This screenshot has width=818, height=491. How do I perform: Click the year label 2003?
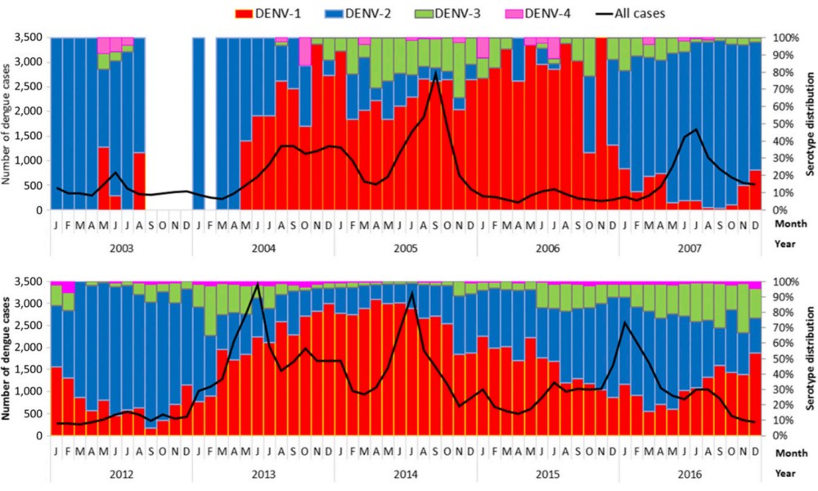(121, 244)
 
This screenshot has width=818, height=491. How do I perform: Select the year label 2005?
(406, 244)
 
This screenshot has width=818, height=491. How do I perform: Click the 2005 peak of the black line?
(435, 72)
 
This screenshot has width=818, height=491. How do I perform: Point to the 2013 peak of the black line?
(258, 283)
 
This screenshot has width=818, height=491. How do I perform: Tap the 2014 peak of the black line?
(411, 292)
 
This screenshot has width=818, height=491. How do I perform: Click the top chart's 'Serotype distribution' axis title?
(807, 124)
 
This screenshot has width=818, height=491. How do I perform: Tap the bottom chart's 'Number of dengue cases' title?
(10, 358)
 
